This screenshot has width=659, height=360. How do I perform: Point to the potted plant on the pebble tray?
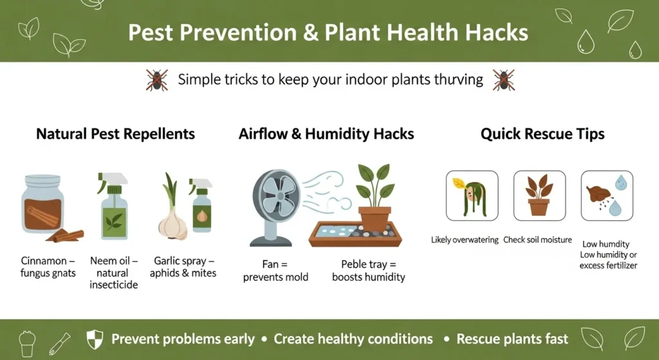point(375,197)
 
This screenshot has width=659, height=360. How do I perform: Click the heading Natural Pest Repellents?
point(116,134)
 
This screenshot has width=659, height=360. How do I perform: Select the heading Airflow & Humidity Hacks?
point(326,134)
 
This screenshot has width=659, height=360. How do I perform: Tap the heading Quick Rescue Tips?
point(543,134)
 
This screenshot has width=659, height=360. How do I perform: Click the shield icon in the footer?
point(95,339)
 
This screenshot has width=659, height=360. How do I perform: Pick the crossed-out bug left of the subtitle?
point(157,80)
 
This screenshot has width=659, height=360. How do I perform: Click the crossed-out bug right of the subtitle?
point(503,80)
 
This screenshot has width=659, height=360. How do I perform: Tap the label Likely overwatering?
point(465,240)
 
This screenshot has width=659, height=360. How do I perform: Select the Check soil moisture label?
point(537,240)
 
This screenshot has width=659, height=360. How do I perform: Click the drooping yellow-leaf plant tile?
point(472,196)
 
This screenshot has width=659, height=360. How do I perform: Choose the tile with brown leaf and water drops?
point(607,196)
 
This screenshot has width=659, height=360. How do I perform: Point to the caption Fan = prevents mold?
point(275,270)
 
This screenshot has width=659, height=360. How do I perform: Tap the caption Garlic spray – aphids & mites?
point(183,267)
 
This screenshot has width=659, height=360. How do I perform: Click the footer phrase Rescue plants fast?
point(512,339)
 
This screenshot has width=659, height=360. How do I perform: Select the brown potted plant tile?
point(540,196)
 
